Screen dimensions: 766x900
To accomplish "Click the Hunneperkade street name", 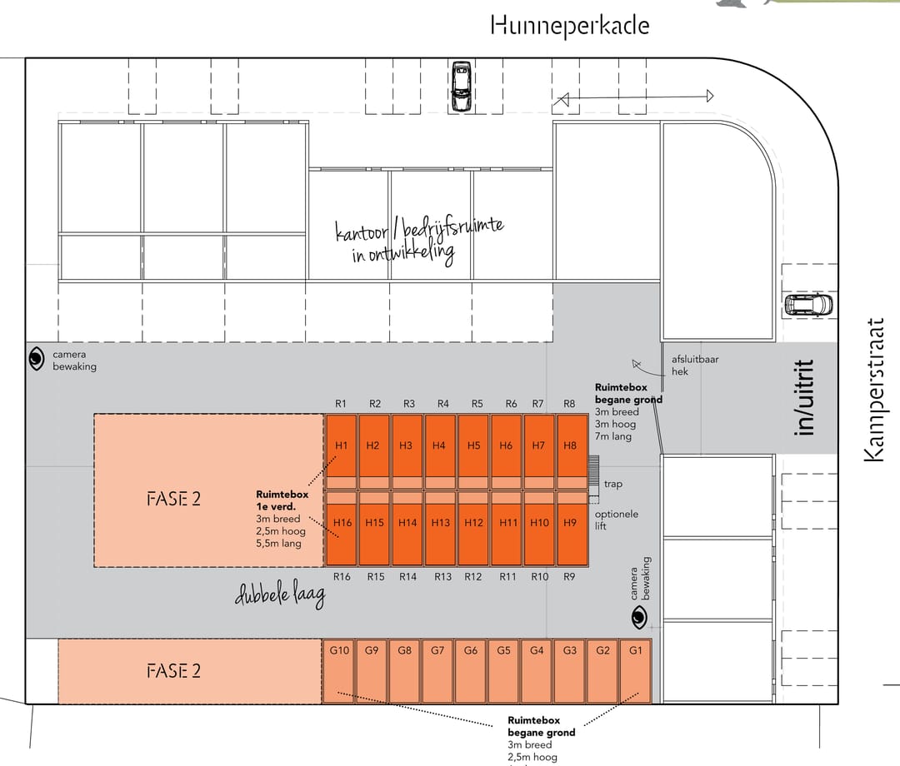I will [570, 25].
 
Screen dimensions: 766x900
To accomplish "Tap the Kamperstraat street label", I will [872, 389].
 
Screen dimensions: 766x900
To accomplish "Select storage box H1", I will [340, 445].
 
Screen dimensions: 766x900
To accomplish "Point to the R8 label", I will [569, 404].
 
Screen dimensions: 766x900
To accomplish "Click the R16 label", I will [341, 576].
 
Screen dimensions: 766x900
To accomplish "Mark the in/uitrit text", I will [804, 397].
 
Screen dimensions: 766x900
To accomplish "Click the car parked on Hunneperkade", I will [460, 86].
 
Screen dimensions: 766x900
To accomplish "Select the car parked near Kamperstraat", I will [807, 304].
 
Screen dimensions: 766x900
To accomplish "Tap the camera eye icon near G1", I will [638, 616].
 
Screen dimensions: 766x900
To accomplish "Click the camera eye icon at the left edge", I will [37, 359].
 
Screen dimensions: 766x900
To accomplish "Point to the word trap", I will [612, 484].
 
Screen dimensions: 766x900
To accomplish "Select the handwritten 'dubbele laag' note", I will [280, 594].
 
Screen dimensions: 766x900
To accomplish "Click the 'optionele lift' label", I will [616, 520].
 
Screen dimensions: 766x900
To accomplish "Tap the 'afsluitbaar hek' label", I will [695, 365].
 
